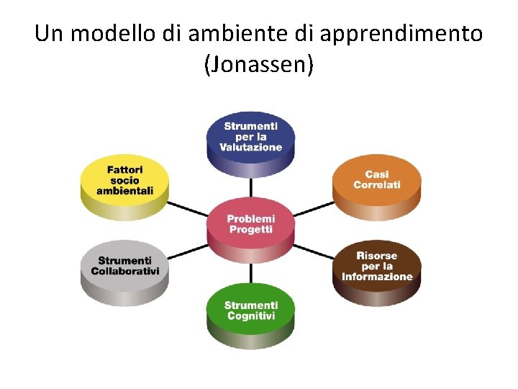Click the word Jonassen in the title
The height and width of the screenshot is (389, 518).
tap(259, 66)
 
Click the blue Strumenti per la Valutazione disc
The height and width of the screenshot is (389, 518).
tap(250, 140)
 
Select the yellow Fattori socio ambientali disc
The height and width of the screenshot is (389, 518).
tap(124, 184)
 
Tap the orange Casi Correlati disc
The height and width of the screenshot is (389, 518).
tap(377, 184)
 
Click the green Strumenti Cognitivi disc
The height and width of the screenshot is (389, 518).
tap(250, 313)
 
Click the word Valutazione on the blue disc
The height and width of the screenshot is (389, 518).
tap(250, 147)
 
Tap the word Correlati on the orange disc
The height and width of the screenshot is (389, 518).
tap(377, 185)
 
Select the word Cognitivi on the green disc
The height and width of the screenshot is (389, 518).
tap(250, 316)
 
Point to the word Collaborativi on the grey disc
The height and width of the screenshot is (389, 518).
tap(124, 271)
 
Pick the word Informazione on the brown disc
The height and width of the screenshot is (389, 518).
tap(377, 277)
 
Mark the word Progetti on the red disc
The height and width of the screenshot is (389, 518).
tap(250, 229)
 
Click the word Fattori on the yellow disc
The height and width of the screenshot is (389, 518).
tap(124, 170)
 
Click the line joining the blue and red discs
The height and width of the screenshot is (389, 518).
tap(250, 187)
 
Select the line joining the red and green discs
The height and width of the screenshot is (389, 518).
tap(250, 274)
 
